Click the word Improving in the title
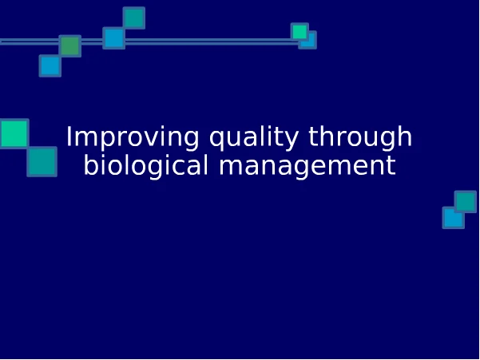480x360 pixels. [133, 137]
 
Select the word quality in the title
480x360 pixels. [254, 137]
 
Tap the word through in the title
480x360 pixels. [360, 137]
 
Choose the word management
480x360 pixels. [307, 166]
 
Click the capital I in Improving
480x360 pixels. [69, 136]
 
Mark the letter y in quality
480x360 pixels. [291, 140]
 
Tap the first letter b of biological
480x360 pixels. [91, 164]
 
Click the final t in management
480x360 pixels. [391, 166]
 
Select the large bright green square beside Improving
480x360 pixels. [14, 133]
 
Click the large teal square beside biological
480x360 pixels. [42, 161]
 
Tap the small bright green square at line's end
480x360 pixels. [300, 31]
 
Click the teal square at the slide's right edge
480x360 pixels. [466, 202]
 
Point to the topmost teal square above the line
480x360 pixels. [133, 18]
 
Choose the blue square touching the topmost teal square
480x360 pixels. [114, 38]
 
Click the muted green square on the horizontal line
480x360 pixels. [70, 45]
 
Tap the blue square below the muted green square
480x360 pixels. [50, 65]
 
